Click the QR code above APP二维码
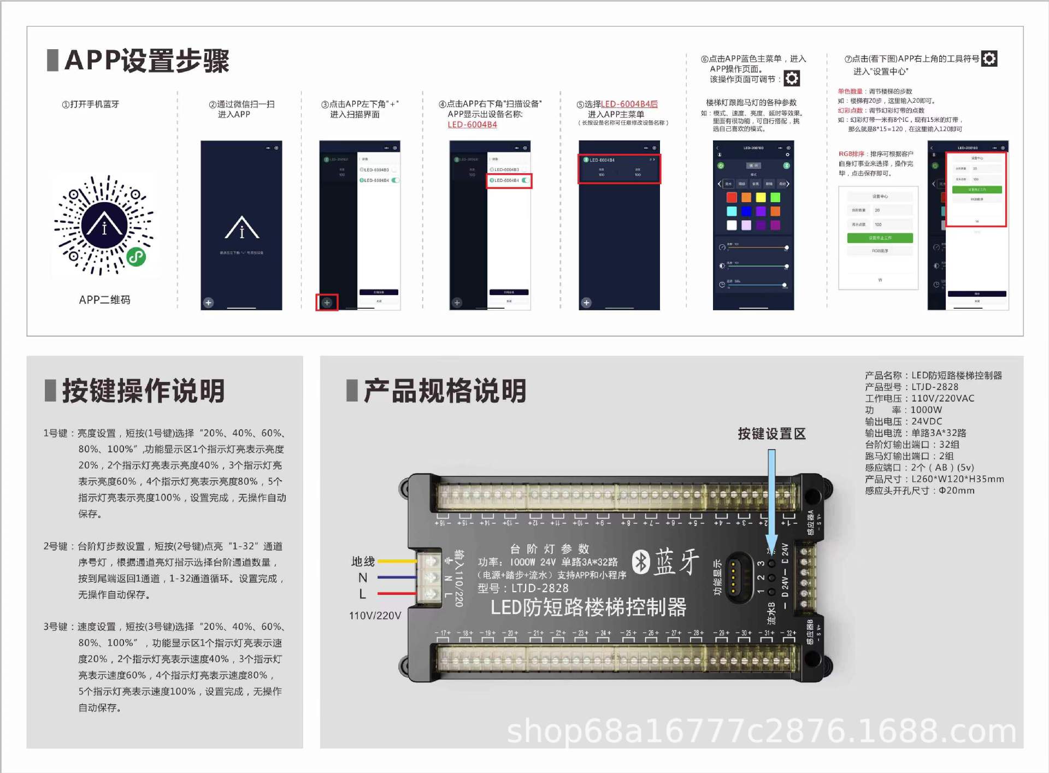tap(104, 225)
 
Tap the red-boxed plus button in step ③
tap(327, 302)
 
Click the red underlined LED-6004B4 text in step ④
tap(472, 125)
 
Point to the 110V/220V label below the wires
tap(375, 616)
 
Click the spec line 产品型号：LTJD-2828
tap(911, 387)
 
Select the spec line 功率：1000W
tap(903, 410)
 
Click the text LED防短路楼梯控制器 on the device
tap(588, 607)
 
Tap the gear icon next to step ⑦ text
tap(989, 58)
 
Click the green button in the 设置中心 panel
tap(880, 238)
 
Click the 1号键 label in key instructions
tap(55, 433)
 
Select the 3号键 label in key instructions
tap(55, 627)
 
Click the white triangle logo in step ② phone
tap(241, 228)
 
